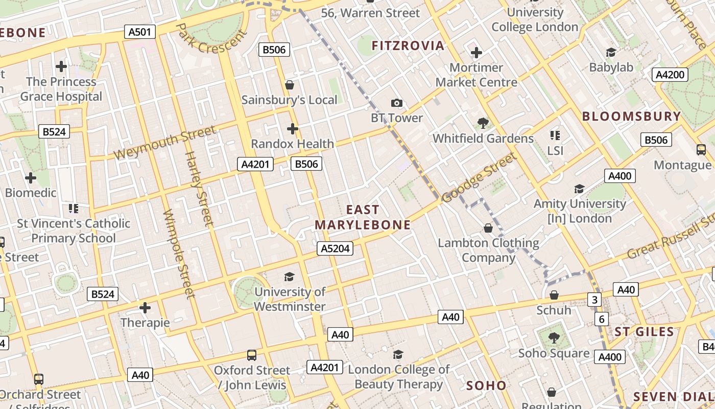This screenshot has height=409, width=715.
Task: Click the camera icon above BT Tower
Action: (396, 103)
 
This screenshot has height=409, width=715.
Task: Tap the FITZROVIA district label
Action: (408, 46)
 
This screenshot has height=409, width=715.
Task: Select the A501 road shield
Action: (139, 32)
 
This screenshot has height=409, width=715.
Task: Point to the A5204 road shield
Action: (335, 248)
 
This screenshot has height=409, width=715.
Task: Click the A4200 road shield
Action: (670, 75)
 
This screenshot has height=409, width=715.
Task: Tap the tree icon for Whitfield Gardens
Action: (482, 123)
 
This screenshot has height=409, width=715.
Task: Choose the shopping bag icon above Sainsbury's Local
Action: (290, 85)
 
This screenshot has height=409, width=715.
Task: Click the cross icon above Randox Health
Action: (292, 128)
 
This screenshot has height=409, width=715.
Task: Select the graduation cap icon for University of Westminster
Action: (290, 277)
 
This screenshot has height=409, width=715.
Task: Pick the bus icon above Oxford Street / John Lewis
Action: (252, 355)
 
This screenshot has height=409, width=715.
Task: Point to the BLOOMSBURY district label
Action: (631, 116)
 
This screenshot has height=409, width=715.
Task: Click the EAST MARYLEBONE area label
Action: (363, 217)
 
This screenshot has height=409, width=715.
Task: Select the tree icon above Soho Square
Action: (554, 338)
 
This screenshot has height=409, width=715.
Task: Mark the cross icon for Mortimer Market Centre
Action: (476, 53)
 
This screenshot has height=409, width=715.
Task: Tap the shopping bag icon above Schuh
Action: (554, 295)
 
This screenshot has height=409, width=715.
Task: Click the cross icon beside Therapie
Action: (145, 308)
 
